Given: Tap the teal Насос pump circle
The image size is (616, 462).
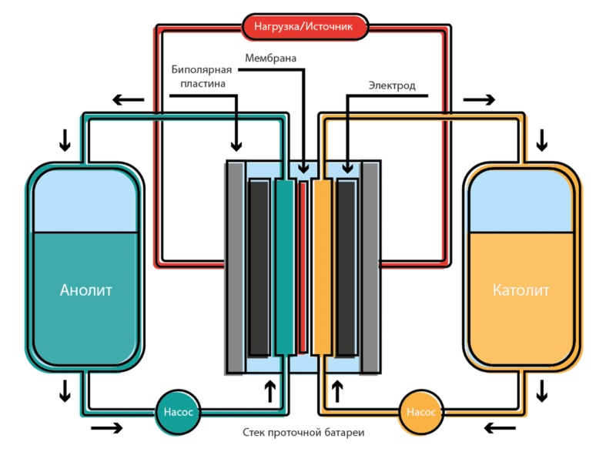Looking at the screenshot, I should (x=179, y=411).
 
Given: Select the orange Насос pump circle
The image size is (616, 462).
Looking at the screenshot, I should (x=421, y=411).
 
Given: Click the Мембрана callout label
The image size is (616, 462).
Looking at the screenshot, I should (x=270, y=58).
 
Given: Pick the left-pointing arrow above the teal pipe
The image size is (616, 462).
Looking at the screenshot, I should (x=129, y=99).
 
